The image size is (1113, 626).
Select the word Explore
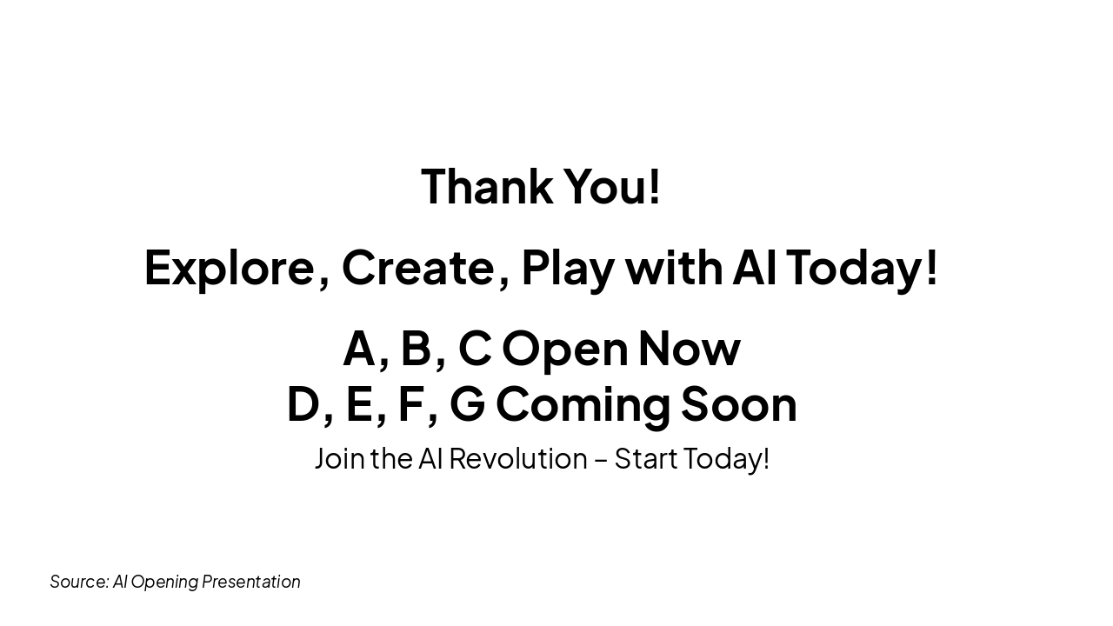229,267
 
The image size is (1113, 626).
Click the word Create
417,267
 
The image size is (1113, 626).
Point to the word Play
568,267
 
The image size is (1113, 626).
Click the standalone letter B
417,348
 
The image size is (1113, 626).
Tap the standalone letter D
303,403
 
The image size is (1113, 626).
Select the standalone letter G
467,403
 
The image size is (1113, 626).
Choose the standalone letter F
410,403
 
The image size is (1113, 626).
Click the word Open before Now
564,348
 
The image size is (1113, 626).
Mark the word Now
689,348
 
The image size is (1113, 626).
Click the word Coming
583,403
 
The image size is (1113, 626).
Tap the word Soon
738,403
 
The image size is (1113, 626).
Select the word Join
339,458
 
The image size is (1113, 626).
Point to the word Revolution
518,458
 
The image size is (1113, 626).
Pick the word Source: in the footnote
79,582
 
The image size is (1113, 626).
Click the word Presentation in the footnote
251,582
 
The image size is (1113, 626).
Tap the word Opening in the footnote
163,582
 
